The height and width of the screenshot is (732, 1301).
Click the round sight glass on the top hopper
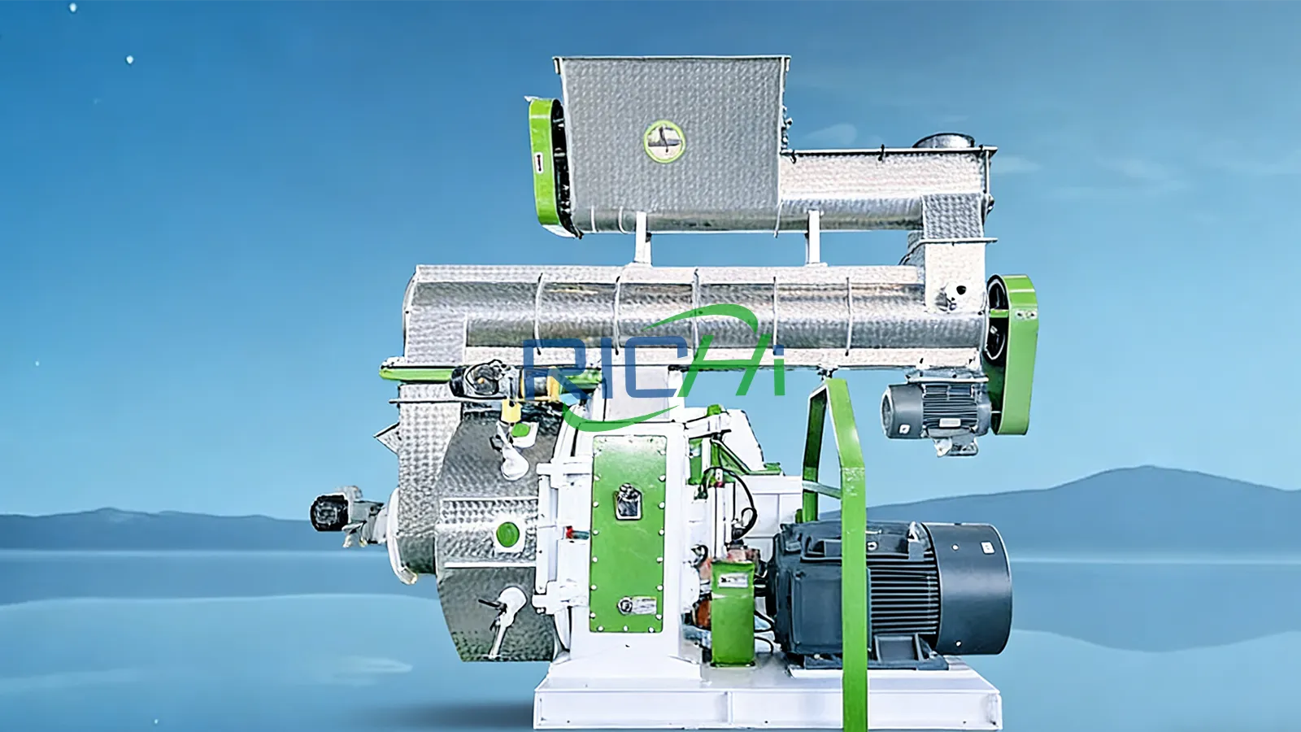pos(664,141)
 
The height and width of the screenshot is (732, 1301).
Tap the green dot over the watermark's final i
pos(778,352)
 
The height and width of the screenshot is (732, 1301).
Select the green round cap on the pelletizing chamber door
pos(507,534)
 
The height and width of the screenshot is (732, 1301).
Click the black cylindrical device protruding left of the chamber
pos(330,512)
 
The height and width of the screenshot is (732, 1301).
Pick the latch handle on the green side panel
pos(626,500)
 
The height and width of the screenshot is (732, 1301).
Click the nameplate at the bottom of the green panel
pos(639,605)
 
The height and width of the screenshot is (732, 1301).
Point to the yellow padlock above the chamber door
pos(511,410)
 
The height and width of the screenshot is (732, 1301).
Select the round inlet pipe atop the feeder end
pos(943,142)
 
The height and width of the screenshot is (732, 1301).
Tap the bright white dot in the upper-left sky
pos(129,59)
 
